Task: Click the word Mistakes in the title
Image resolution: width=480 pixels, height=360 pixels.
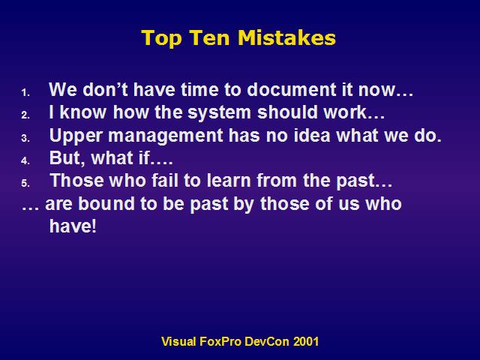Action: [x=286, y=37]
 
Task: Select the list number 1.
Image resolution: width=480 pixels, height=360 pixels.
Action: [x=25, y=92]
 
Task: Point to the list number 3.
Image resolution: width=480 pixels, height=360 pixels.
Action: [x=25, y=138]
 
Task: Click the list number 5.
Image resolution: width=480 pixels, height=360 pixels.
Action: [x=25, y=183]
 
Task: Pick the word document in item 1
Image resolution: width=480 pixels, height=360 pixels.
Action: [x=291, y=89]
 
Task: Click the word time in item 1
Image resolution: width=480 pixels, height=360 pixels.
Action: [x=199, y=89]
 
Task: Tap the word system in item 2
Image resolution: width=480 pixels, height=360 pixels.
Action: [x=219, y=112]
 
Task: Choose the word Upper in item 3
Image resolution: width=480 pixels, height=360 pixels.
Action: [x=75, y=136]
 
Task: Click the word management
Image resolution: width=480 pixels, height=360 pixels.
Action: [x=165, y=136]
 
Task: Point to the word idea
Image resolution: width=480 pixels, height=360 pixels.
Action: [x=312, y=135]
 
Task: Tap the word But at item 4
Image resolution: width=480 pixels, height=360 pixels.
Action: [x=67, y=158]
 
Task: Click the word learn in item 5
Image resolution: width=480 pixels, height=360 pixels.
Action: [x=229, y=180]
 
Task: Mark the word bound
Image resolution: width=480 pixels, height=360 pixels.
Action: [x=106, y=203]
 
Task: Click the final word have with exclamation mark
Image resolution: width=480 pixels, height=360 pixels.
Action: [x=73, y=226]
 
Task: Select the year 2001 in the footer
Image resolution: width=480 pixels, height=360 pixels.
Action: [x=306, y=341]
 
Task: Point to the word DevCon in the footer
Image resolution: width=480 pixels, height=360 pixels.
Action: [x=267, y=341]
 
